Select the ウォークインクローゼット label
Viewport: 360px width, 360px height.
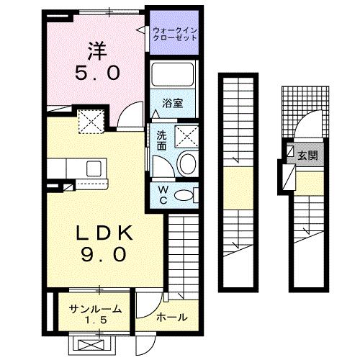(175, 32)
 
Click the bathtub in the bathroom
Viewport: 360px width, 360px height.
(172, 75)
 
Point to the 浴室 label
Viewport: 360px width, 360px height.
(172, 103)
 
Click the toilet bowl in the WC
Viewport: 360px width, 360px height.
(186, 194)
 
